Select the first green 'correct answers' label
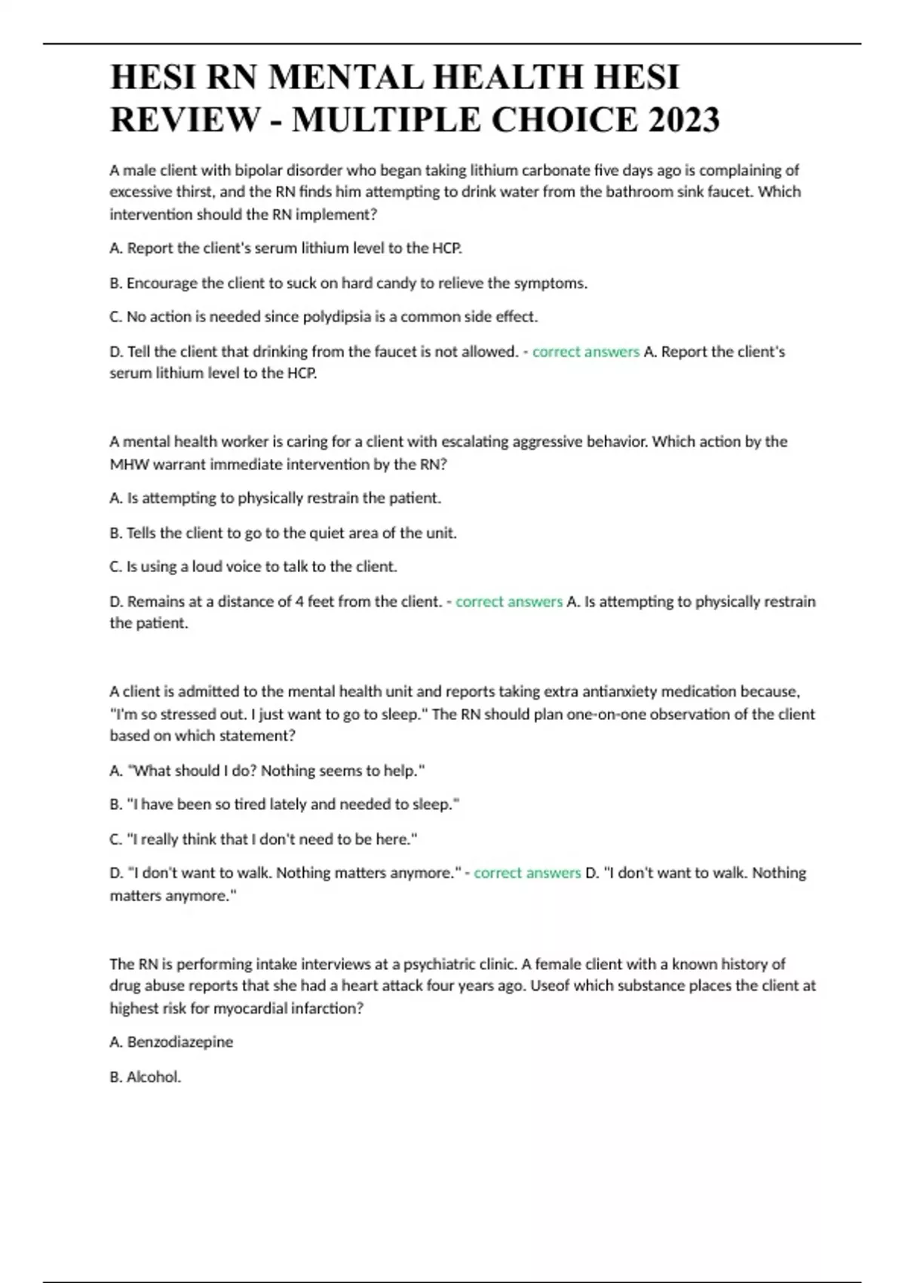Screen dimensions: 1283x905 (585, 352)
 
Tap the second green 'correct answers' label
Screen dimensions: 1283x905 (509, 602)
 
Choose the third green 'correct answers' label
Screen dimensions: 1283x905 (527, 873)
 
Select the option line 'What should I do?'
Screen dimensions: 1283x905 (268, 771)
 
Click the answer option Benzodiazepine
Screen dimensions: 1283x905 (179, 1042)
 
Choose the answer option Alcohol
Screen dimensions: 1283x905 (153, 1077)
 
